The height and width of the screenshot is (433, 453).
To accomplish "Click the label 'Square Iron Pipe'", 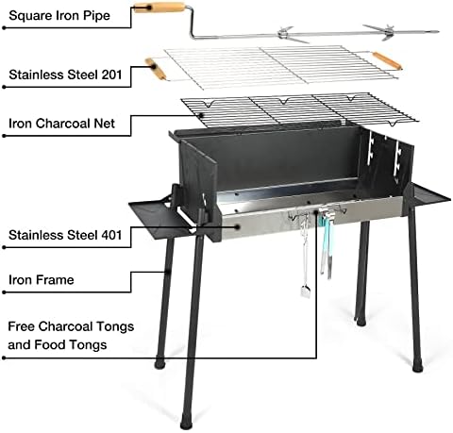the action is pos(59,15).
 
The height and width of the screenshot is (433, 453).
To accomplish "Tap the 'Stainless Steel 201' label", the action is pos(65,75).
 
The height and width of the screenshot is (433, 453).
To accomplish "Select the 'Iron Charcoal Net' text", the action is pos(61,124).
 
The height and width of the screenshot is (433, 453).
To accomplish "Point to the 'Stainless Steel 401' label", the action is pos(65,235).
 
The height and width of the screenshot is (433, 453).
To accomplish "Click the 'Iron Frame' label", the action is pos(42,279).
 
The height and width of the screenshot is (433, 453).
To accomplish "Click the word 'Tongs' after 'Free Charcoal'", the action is pos(115,327).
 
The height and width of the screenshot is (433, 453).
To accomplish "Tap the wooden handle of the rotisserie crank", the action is pos(159,7).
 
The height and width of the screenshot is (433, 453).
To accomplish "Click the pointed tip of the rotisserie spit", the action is pos(437,31).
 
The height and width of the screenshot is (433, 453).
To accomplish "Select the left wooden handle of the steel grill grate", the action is pos(155,68).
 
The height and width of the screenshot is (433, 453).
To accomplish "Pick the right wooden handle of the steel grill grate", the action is pos(387,61).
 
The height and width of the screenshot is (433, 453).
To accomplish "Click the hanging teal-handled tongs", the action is pos(326,243).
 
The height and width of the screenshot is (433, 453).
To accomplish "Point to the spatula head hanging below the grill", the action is pos(305,291).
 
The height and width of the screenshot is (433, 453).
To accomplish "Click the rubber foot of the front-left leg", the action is pos(186,423).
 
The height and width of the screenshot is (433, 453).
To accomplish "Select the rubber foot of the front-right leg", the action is pos(417,366).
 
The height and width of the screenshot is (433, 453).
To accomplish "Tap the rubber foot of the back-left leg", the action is pos(160,363).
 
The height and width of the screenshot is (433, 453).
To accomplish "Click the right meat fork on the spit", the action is pos(386,32).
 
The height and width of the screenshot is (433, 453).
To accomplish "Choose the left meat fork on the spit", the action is pos(290,34).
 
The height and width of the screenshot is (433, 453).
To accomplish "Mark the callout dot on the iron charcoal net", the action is pos(200,115).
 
